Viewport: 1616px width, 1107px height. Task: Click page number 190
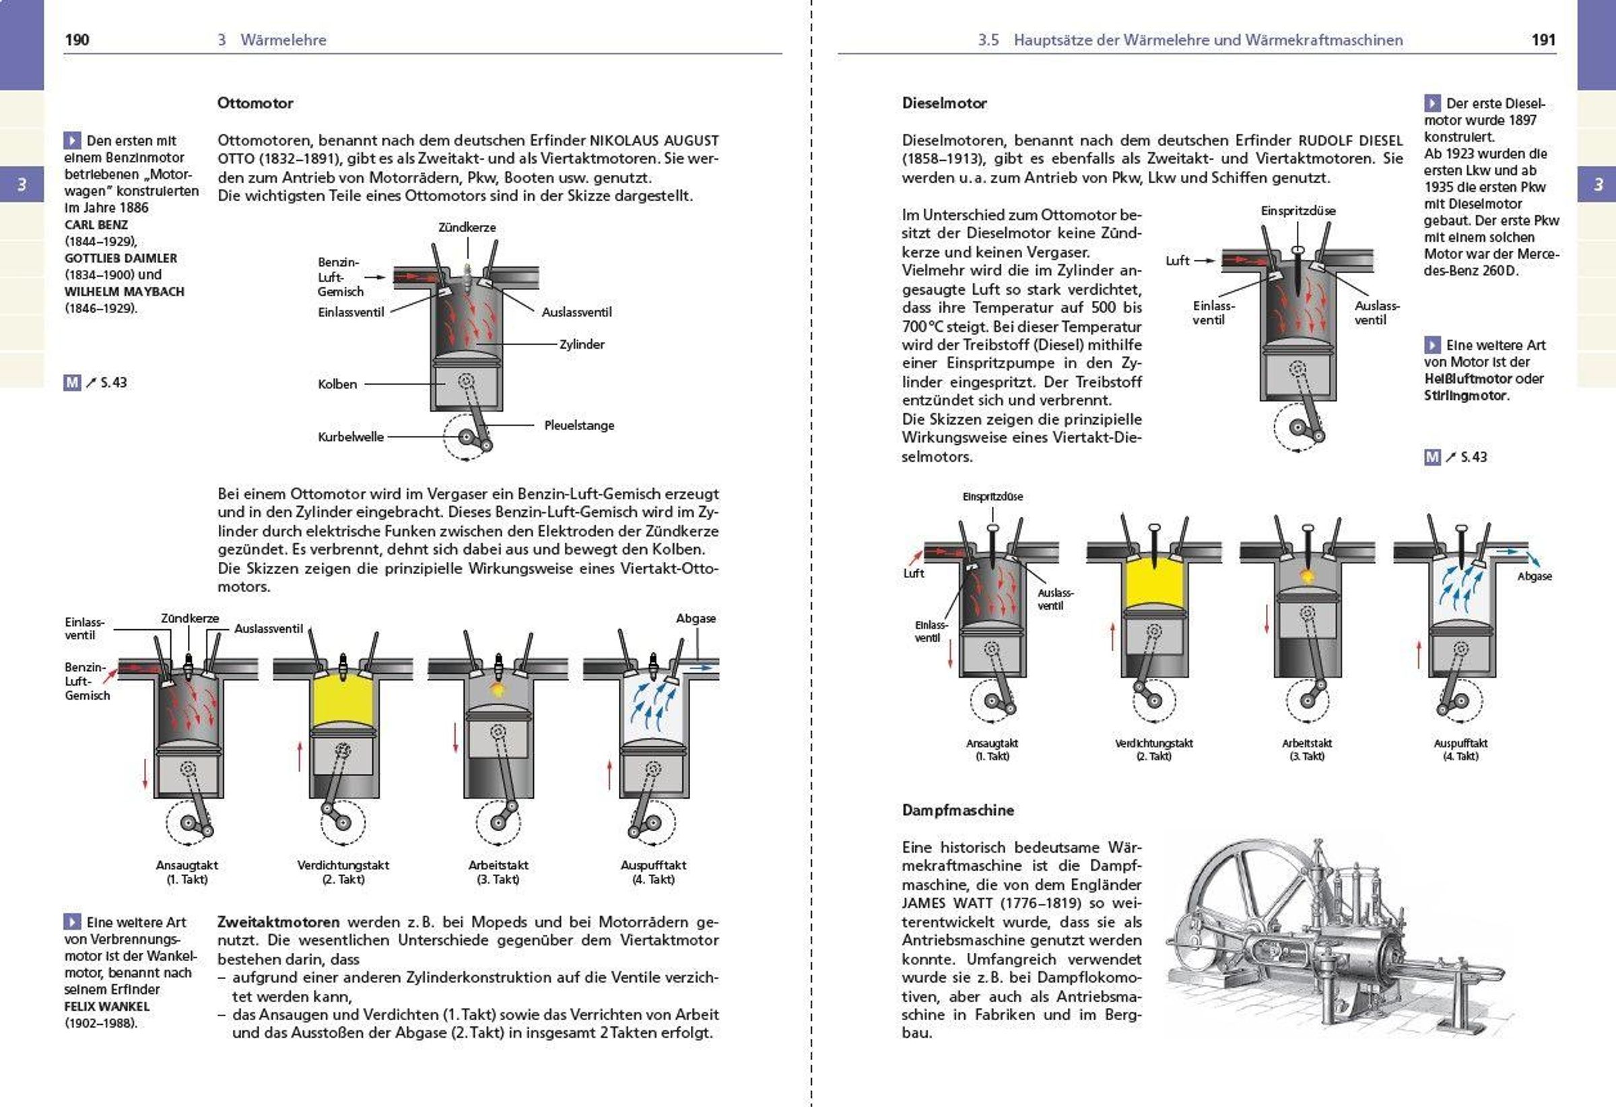click(77, 40)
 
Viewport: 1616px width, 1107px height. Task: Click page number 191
click(1543, 40)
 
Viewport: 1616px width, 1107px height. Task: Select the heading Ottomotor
click(255, 103)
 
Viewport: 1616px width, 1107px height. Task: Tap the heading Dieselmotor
click(944, 103)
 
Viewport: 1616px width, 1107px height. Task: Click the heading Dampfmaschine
click(957, 810)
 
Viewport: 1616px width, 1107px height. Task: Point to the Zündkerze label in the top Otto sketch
click(467, 227)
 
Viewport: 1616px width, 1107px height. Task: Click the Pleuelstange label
click(578, 425)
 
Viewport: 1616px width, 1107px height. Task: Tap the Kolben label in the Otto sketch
click(337, 384)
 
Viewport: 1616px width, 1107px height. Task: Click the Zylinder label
click(581, 344)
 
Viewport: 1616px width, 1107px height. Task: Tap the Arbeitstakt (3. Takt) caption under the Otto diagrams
click(498, 872)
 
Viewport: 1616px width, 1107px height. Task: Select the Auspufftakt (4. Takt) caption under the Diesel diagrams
click(1460, 749)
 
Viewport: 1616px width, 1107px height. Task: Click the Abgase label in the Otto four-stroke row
click(696, 618)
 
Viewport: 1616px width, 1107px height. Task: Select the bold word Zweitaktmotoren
click(278, 922)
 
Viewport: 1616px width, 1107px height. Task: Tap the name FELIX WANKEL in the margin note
click(107, 1005)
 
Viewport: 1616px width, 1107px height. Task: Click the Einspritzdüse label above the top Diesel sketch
click(1298, 211)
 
